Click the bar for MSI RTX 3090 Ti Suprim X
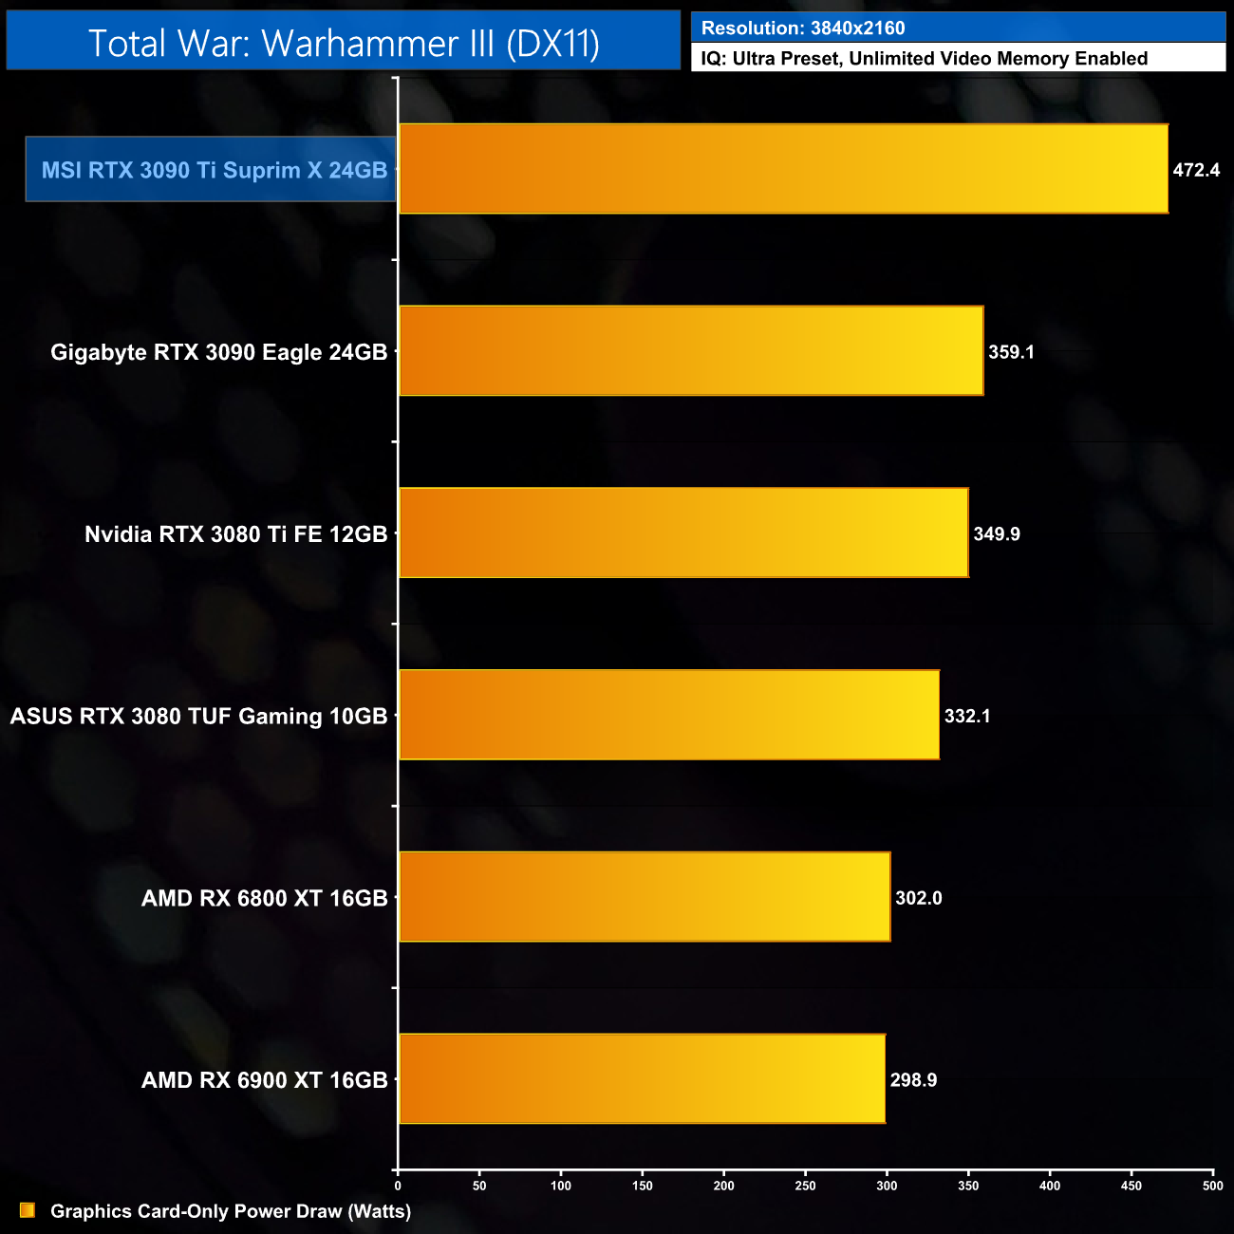tap(783, 169)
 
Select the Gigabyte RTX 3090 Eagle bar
tap(691, 351)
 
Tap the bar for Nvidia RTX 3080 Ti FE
tap(683, 533)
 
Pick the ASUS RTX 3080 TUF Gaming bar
tap(669, 716)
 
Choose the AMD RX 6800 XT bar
tap(645, 898)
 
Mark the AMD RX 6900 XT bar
tap(642, 1079)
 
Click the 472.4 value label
tap(1196, 171)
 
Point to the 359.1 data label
tap(1011, 352)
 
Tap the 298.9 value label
tap(913, 1080)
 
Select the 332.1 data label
tap(967, 717)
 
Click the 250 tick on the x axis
tap(805, 1186)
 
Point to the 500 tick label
tap(1212, 1186)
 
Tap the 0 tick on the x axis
tap(398, 1186)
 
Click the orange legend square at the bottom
tap(28, 1210)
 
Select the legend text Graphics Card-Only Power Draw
tap(231, 1211)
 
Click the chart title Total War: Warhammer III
tap(344, 44)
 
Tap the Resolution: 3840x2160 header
tap(803, 28)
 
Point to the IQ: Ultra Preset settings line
tap(924, 59)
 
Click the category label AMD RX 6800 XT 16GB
tap(264, 898)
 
